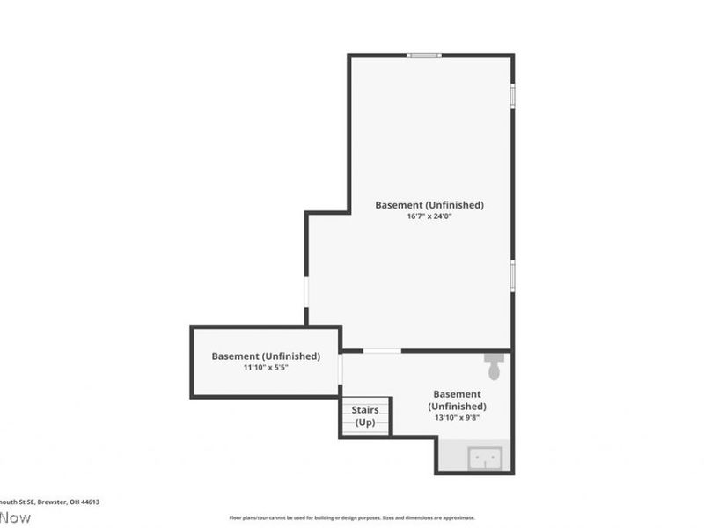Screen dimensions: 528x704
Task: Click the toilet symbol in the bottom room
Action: (x=494, y=367)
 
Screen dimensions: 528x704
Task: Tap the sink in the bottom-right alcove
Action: (x=485, y=458)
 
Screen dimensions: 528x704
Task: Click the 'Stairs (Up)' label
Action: (x=365, y=416)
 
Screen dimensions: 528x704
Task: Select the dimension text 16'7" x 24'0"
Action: (x=429, y=216)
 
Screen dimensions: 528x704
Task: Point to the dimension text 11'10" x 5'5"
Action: (x=266, y=368)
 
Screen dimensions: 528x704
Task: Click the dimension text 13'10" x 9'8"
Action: (x=457, y=419)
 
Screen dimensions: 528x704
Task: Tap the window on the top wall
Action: (x=424, y=55)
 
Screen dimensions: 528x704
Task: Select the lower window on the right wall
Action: (x=512, y=275)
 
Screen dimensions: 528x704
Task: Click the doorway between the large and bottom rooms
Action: (x=382, y=351)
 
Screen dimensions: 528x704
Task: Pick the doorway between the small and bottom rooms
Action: (x=341, y=369)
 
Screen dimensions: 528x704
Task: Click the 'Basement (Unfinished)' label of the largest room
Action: (x=429, y=205)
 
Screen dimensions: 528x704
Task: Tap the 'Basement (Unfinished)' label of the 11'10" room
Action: (x=266, y=356)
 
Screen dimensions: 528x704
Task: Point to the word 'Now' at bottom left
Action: (x=15, y=517)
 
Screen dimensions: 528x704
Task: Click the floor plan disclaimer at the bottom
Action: (x=352, y=517)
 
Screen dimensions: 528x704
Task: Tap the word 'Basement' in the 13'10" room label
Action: (x=457, y=394)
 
